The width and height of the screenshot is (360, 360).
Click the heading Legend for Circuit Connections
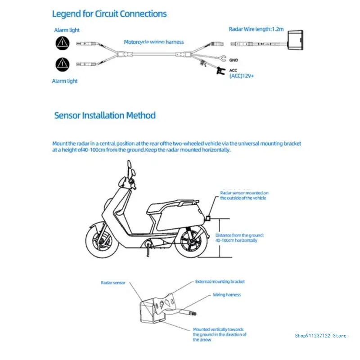point(109,13)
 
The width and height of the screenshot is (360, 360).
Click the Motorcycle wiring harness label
point(154,42)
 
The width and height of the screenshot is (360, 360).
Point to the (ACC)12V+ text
point(242,76)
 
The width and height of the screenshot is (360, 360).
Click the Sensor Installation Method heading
point(105,115)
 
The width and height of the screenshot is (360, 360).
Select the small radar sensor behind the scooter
point(210,218)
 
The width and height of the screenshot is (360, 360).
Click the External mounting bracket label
point(220,282)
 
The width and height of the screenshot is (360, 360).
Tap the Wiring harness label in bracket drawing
point(227,295)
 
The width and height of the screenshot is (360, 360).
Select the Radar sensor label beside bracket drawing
point(113,283)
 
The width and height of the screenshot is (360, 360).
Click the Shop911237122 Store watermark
point(320,335)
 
